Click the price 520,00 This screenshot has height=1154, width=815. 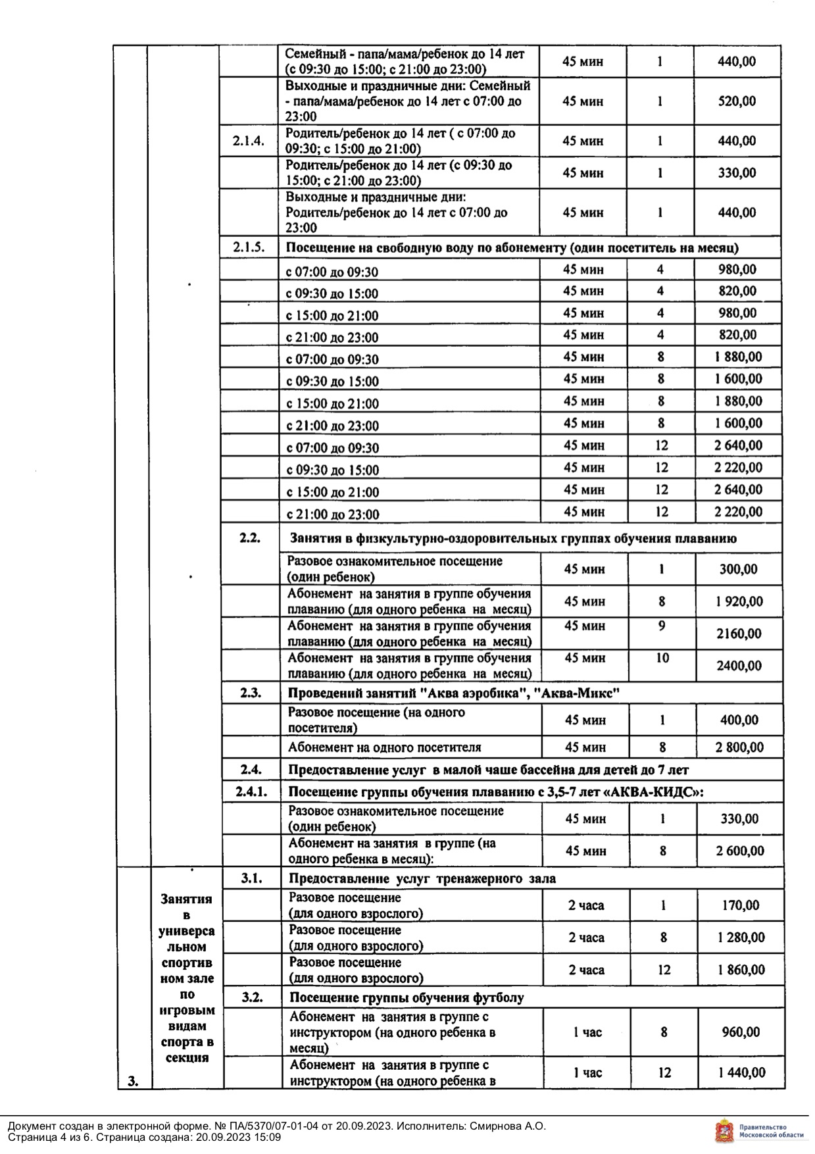(x=737, y=101)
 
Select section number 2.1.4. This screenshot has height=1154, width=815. (x=249, y=141)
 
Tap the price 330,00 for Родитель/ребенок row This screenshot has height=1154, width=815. (x=737, y=173)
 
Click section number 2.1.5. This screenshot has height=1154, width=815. (x=249, y=247)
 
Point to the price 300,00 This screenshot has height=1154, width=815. (x=738, y=569)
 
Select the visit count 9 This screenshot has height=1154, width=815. (x=662, y=626)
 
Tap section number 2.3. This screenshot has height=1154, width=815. (x=251, y=693)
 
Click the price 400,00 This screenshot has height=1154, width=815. (x=739, y=720)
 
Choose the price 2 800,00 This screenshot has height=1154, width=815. (x=740, y=747)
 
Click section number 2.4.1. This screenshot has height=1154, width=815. (x=251, y=791)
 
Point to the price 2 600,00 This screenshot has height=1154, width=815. (x=740, y=851)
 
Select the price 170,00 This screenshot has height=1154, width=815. (x=741, y=905)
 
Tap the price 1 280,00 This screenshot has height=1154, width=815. (x=741, y=938)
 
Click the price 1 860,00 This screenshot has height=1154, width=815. (x=741, y=970)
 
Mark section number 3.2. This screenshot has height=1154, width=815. (x=252, y=997)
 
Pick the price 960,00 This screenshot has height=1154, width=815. (x=741, y=1032)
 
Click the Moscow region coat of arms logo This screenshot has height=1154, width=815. (x=724, y=1131)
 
